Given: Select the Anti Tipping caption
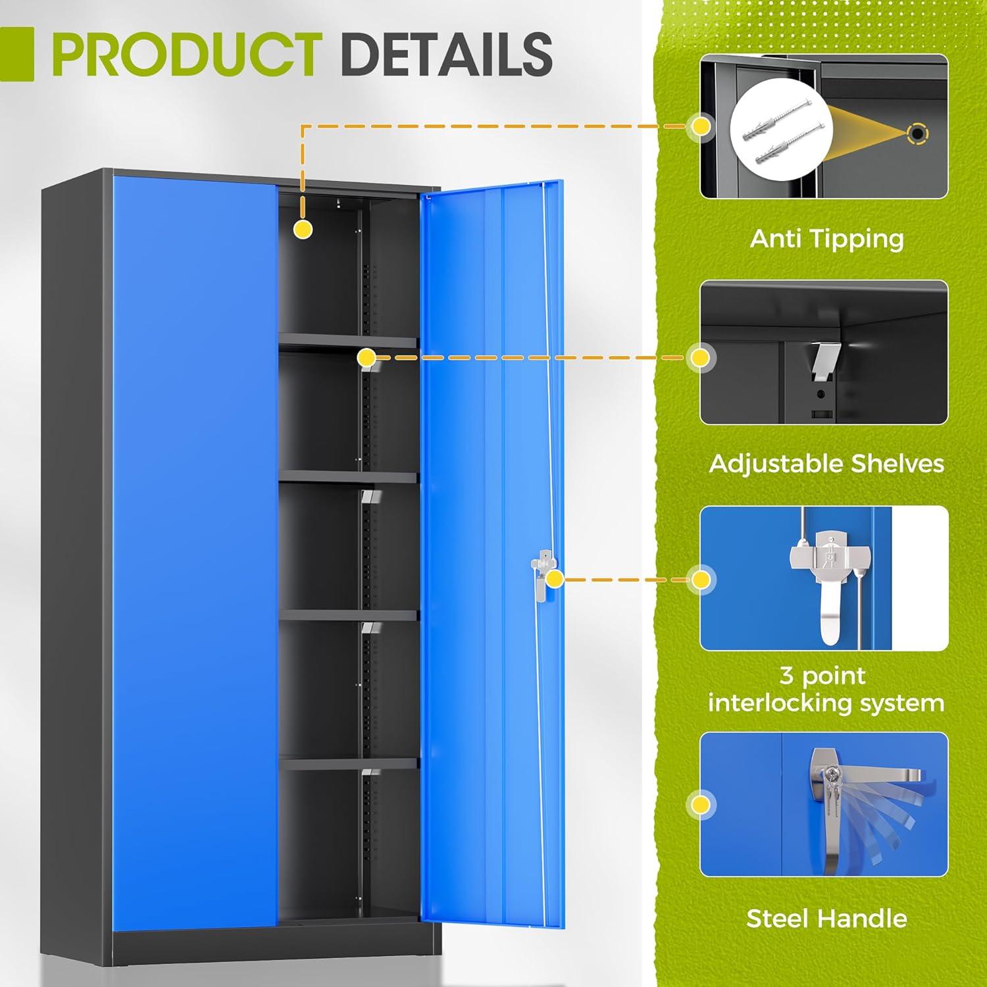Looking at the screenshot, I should click(826, 238).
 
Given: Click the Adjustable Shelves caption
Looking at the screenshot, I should click(826, 464).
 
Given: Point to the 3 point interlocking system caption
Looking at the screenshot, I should click(826, 689).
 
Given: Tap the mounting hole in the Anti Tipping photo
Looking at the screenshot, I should click(917, 134).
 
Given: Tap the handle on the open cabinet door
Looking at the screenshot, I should click(539, 578).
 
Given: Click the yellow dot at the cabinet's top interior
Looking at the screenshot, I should click(303, 229).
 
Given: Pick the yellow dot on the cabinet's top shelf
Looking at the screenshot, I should click(367, 358).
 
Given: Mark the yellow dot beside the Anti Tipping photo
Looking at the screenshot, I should click(701, 126).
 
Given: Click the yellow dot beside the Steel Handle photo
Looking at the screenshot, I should click(701, 804).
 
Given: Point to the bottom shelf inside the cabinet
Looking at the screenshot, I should click(349, 763).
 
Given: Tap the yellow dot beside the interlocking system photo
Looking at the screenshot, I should click(701, 579).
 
